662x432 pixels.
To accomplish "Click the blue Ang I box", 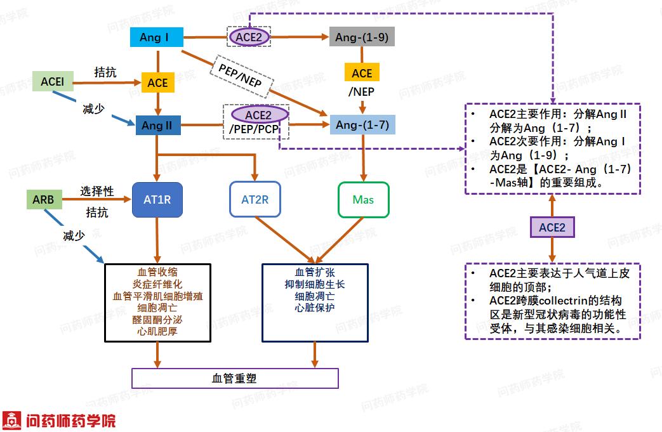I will point(156,37).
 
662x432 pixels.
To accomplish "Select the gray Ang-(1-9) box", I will point(362,37).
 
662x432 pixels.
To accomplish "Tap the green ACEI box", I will point(52,81).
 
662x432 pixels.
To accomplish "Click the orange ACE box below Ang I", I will point(157,83).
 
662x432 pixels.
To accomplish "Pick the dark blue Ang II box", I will point(157,126).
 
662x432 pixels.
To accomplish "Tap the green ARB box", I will point(44,200).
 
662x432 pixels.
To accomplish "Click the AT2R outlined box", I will point(255,200).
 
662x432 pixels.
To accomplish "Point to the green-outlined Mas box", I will point(363,200).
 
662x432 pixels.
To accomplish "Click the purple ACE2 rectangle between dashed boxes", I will point(552,227).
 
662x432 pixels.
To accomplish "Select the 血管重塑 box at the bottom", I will point(235,379).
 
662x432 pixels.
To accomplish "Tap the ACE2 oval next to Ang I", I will point(249,37).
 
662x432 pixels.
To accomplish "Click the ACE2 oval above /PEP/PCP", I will point(258,115).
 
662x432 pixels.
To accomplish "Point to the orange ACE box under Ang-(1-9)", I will point(362,73).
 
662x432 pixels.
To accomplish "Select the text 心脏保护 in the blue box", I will point(315,308).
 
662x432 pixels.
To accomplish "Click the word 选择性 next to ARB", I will point(97,191).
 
